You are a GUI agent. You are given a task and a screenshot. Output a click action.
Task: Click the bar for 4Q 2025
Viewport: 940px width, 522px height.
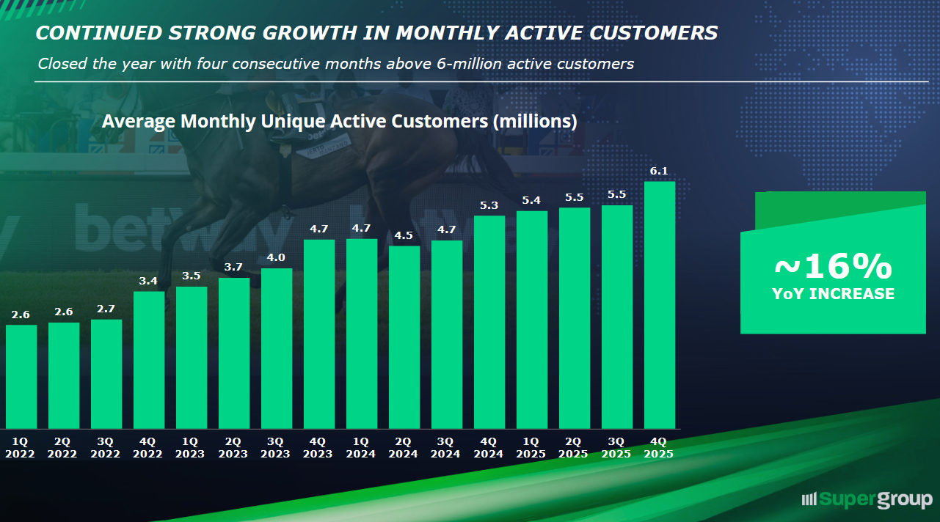pos(659,304)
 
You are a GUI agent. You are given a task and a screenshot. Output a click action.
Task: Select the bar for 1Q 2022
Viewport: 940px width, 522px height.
pos(21,376)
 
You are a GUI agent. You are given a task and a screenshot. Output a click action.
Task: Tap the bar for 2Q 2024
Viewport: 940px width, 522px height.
pos(404,337)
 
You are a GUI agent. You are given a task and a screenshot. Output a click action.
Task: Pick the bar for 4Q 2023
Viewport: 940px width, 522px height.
pos(319,334)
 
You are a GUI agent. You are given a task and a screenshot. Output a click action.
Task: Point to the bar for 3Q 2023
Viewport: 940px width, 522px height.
pos(277,348)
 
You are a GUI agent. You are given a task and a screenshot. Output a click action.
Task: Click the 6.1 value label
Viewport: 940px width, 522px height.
pos(659,172)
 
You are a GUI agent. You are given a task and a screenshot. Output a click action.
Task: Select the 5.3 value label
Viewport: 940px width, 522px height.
pos(489,205)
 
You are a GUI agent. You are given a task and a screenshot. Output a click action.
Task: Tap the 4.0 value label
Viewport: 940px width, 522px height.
pos(276,257)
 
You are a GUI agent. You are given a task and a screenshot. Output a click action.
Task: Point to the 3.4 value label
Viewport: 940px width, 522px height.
pos(149,281)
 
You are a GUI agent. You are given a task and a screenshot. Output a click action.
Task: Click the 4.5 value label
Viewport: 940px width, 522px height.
pos(404,235)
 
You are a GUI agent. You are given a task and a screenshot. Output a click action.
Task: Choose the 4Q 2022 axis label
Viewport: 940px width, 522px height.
pos(149,447)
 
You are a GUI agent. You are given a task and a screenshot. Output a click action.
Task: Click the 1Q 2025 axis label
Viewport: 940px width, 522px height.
pos(531,447)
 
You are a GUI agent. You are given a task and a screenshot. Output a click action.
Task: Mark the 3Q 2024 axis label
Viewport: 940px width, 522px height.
pos(446,447)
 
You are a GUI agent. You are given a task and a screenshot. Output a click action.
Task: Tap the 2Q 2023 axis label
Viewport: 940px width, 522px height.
pos(234,447)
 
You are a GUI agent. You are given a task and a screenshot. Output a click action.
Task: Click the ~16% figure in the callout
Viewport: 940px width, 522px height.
pos(833,268)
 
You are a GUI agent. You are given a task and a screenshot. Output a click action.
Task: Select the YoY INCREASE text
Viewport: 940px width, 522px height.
pos(833,294)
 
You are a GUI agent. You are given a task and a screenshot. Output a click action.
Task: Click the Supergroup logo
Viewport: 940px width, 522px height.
pos(867,500)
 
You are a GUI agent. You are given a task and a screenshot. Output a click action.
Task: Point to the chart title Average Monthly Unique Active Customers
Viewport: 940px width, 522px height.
pos(339,122)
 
